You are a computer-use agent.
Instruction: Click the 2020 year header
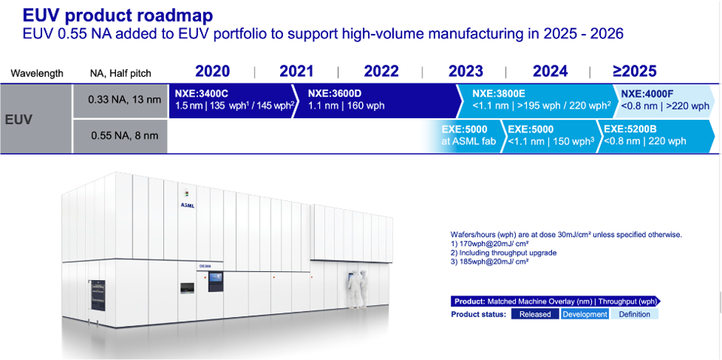pos(212,72)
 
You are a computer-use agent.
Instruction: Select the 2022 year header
pos(381,72)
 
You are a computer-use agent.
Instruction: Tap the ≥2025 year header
pos(634,72)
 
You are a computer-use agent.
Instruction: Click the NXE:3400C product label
pos(202,94)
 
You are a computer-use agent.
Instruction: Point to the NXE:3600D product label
pos(327,94)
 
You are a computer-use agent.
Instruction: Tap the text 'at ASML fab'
pos(469,142)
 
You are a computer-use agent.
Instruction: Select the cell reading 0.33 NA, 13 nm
pos(119,101)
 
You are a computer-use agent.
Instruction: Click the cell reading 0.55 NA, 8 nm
pos(119,136)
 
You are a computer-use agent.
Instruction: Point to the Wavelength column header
pos(37,73)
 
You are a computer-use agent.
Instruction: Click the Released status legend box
pos(535,314)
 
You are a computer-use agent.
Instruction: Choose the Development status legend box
pos(585,314)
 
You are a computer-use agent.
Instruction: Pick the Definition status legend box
pos(635,314)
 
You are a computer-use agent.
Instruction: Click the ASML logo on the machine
pos(187,206)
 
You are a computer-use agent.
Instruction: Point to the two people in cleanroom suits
pos(358,289)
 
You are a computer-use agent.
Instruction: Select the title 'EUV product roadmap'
pos(118,16)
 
